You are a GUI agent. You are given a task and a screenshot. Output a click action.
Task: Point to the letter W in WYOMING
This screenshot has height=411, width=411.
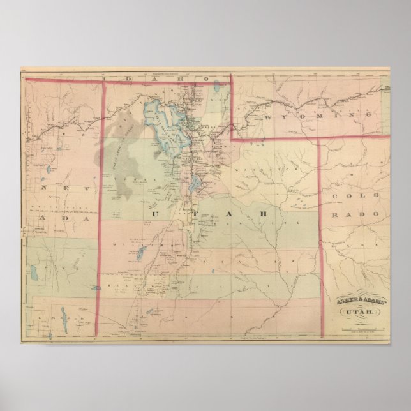click(264, 119)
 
